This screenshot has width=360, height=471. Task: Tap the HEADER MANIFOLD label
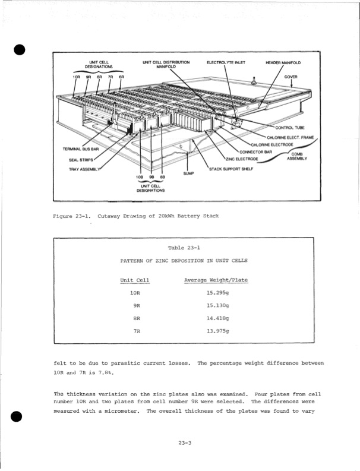tap(283, 62)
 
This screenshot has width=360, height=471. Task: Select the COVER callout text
tap(290, 77)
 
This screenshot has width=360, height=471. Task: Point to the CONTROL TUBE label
tap(289, 128)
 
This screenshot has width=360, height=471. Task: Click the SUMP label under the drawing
tap(189, 174)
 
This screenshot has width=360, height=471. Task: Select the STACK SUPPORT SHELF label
tap(229, 169)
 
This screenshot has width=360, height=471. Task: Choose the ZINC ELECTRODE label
tap(241, 159)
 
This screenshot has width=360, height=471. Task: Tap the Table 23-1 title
tap(184, 248)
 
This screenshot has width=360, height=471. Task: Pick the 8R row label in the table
tap(136, 318)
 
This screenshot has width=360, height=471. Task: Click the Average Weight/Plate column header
tap(216, 280)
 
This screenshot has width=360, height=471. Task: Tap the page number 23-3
tap(184, 442)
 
